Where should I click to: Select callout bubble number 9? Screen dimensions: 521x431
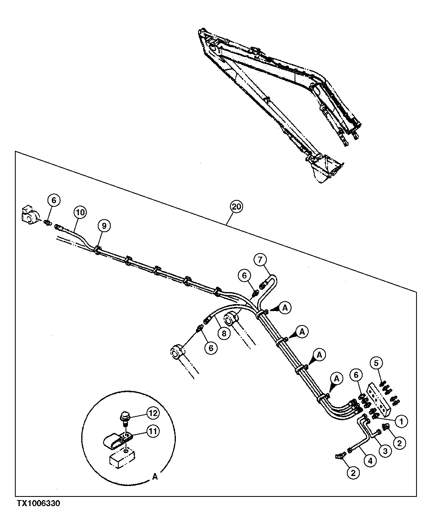click(103, 226)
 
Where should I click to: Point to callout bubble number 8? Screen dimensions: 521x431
click(225, 333)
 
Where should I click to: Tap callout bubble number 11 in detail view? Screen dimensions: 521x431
click(153, 431)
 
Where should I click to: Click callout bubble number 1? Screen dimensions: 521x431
click(401, 421)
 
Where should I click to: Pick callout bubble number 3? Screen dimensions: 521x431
click(385, 451)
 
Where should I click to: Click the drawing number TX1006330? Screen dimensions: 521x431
click(38, 504)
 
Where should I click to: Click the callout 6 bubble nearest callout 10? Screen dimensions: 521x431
click(54, 200)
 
